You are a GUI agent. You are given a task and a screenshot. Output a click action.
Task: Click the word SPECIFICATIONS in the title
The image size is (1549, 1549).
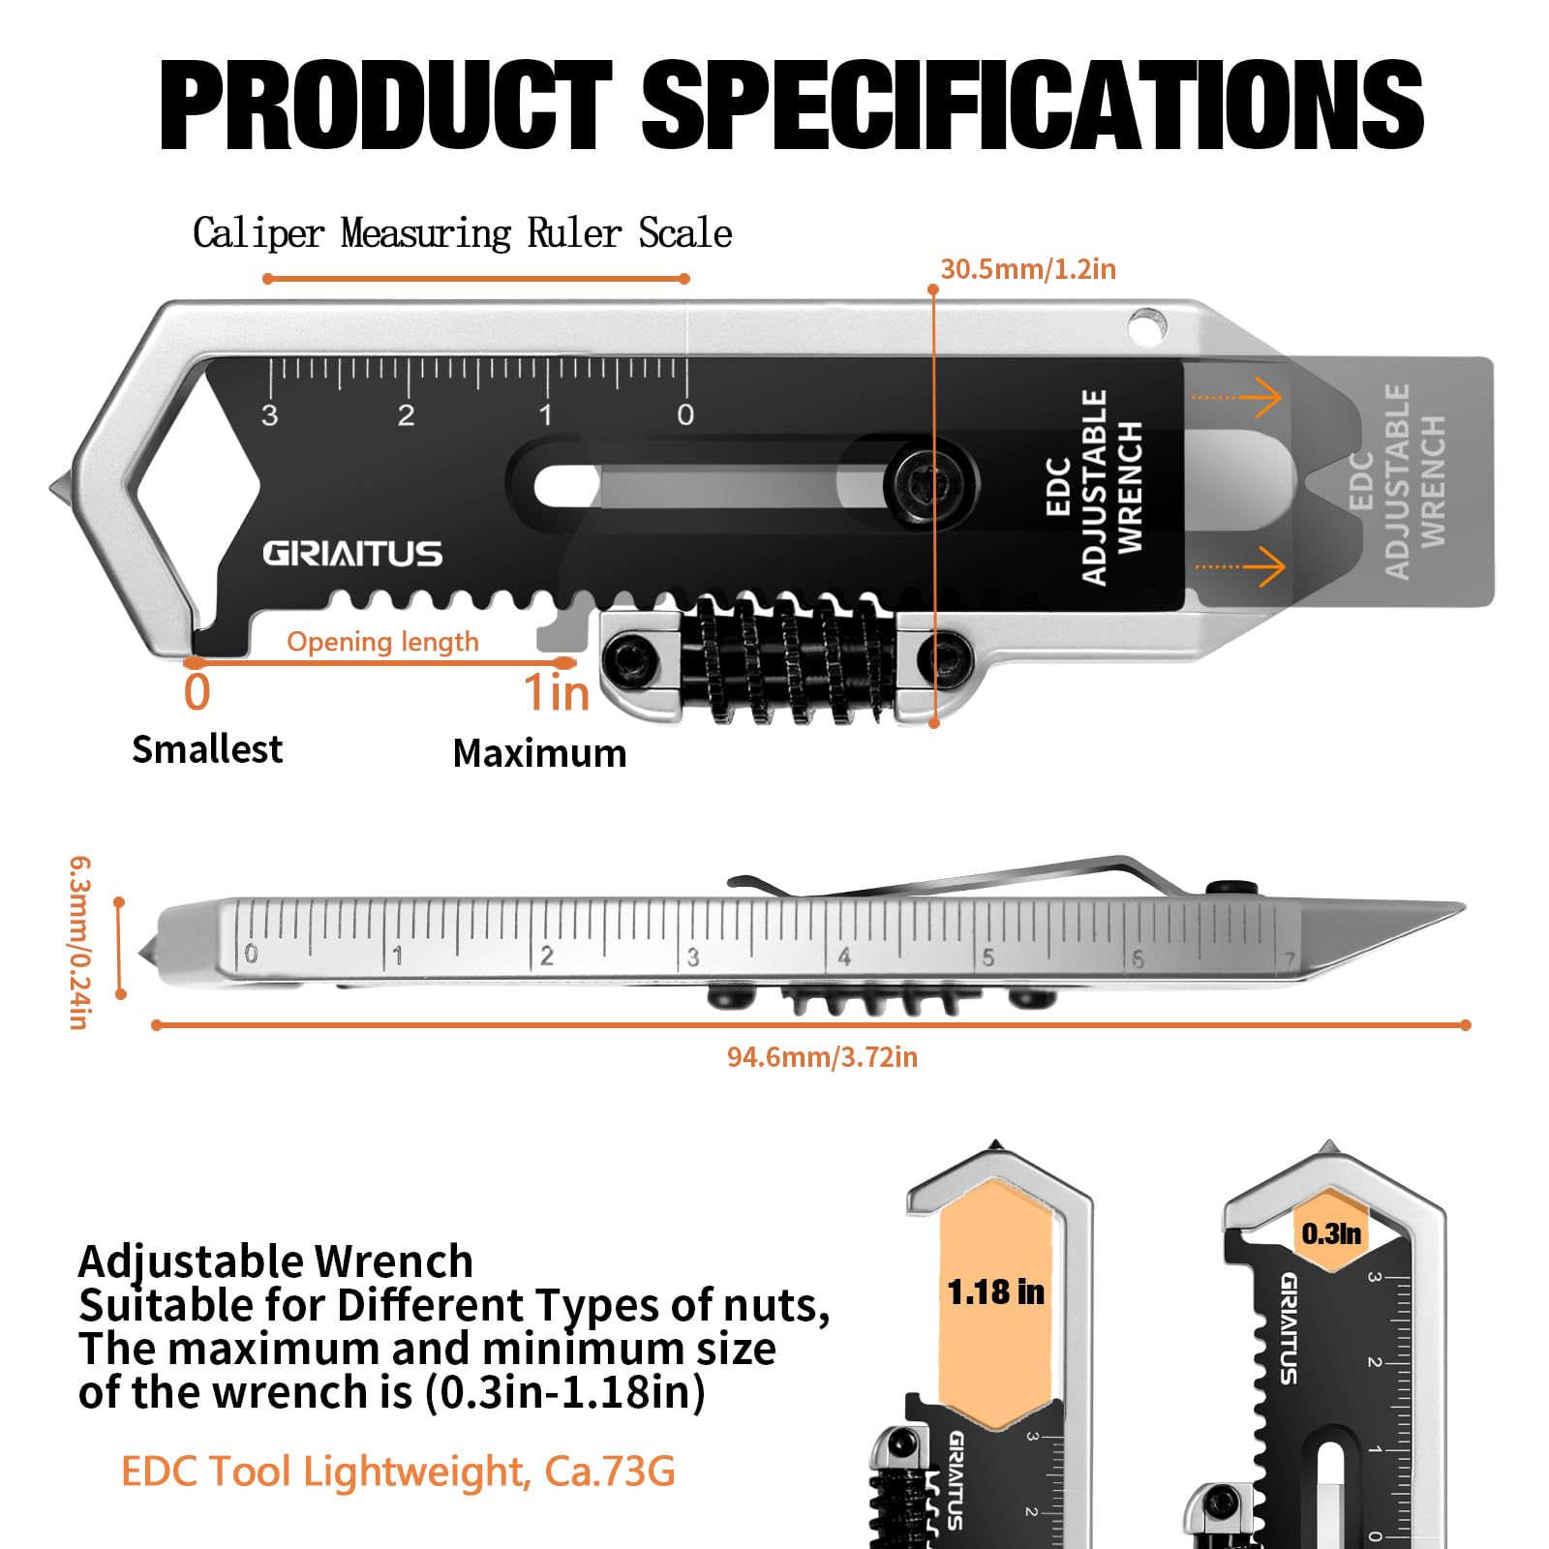pos(1032,105)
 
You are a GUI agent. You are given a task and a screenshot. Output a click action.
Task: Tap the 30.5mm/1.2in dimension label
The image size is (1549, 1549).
pos(1028,268)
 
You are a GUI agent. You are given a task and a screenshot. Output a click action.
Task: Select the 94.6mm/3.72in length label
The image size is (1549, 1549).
pos(822,1056)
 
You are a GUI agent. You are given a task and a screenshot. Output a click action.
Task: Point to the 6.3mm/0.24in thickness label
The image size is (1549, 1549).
pos(79,942)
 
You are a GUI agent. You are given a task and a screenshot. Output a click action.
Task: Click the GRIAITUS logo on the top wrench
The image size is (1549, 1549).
pos(352,554)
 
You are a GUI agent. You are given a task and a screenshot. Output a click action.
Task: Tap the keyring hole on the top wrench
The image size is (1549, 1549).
pos(1147,325)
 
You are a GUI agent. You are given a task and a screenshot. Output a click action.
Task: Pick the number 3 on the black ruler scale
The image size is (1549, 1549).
pos(270,415)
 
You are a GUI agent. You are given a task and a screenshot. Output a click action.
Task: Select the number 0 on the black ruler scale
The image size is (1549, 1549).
pos(685,415)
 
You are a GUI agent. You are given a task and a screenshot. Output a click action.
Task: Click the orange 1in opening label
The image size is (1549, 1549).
pos(557,692)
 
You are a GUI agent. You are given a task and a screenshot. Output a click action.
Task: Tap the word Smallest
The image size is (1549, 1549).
pos(207,749)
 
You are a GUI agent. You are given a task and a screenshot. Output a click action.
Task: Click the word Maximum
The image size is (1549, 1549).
pos(539,753)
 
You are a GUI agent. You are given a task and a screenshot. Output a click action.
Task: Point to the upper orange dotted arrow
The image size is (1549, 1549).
pos(1237,397)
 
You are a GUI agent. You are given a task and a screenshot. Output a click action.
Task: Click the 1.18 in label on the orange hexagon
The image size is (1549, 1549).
pos(995,1291)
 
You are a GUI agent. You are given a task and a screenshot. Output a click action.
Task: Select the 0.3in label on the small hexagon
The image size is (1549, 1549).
pos(1331,1233)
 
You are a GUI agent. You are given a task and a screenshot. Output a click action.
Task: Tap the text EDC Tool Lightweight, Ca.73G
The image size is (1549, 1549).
pos(398,1472)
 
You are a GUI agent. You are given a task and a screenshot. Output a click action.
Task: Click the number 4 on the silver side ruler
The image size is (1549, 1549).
pos(844,957)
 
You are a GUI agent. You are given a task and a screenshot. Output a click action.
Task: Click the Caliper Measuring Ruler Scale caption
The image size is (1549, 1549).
pos(462,233)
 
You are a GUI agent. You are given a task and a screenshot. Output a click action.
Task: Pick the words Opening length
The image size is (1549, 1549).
pos(382,642)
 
